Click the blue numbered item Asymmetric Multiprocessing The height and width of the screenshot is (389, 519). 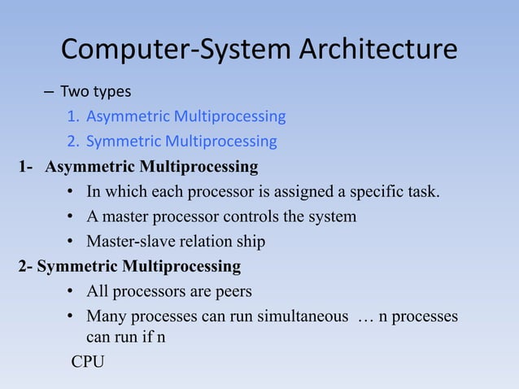(x=185, y=116)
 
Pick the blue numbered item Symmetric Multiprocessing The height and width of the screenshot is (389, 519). (x=181, y=142)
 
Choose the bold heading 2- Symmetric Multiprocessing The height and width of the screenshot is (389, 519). (x=129, y=266)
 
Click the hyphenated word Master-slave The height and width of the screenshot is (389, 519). (x=133, y=242)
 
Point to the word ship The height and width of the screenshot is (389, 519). (x=251, y=242)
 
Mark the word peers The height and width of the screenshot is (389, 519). (x=232, y=291)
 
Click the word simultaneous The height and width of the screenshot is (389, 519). (x=302, y=316)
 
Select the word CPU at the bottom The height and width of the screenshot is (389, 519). (x=88, y=361)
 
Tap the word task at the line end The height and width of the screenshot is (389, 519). (x=422, y=192)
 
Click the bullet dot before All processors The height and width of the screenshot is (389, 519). (x=72, y=291)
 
